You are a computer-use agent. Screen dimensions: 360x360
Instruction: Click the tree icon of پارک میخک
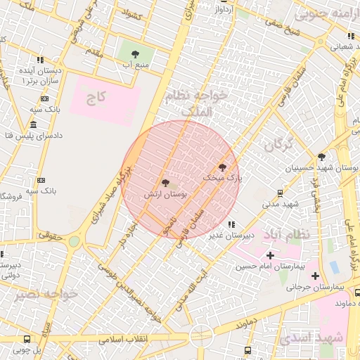223,167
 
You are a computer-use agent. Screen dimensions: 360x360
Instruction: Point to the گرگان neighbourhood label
278,146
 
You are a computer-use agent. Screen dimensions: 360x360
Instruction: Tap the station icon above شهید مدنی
281,193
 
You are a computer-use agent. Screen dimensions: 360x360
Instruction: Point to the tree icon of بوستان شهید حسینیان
321,157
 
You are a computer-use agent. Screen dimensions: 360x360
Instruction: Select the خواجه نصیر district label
33,293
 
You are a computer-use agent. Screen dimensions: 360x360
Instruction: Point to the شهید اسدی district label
311,339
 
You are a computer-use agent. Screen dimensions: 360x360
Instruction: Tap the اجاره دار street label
127,234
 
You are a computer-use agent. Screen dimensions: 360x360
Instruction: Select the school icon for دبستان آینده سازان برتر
41,60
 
